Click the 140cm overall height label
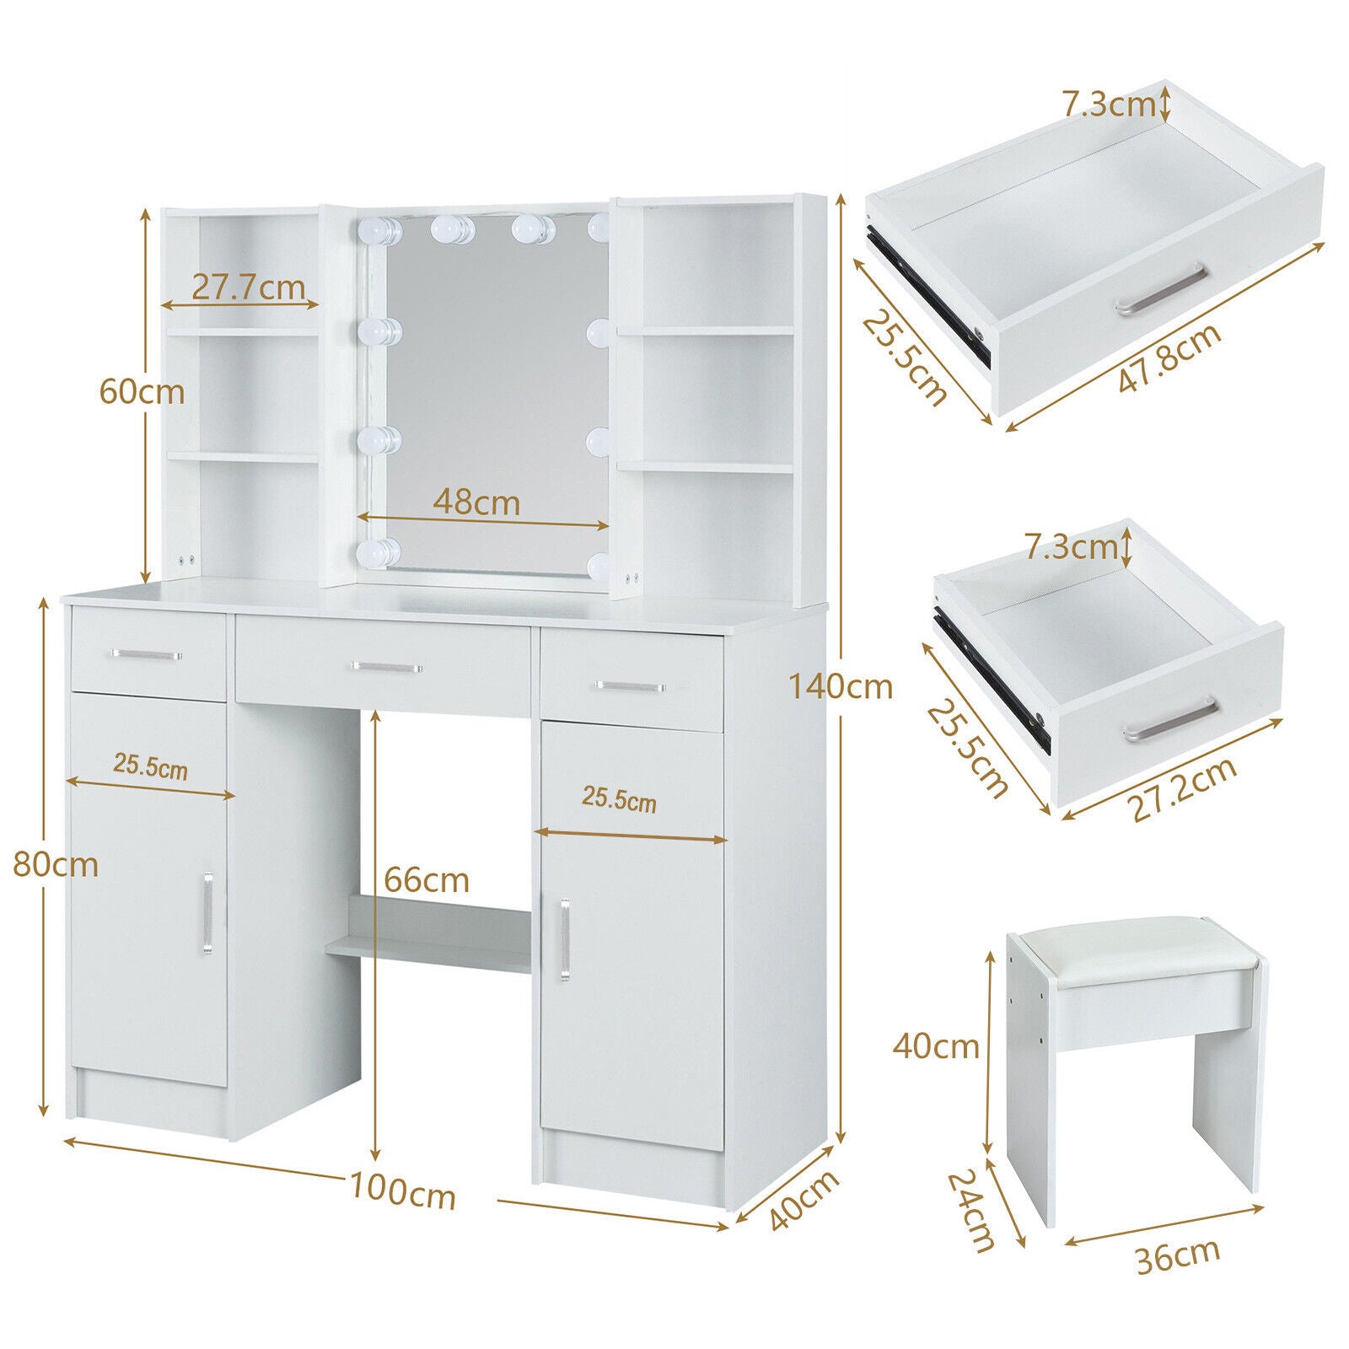pyautogui.click(x=841, y=686)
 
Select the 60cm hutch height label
pyautogui.click(x=142, y=391)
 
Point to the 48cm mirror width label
pyautogui.click(x=476, y=503)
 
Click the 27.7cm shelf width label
pyautogui.click(x=248, y=288)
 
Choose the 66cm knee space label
pyautogui.click(x=427, y=880)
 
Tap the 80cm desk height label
pyautogui.click(x=56, y=865)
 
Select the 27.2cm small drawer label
pyautogui.click(x=1182, y=789)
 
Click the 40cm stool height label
pyautogui.click(x=936, y=1047)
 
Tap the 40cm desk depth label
pyautogui.click(x=805, y=1201)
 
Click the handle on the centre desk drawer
pyautogui.click(x=386, y=667)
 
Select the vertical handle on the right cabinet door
pyautogui.click(x=563, y=940)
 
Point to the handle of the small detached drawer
pyautogui.click(x=1171, y=722)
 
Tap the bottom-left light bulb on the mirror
pyautogui.click(x=377, y=553)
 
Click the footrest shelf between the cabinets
pyautogui.click(x=428, y=934)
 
